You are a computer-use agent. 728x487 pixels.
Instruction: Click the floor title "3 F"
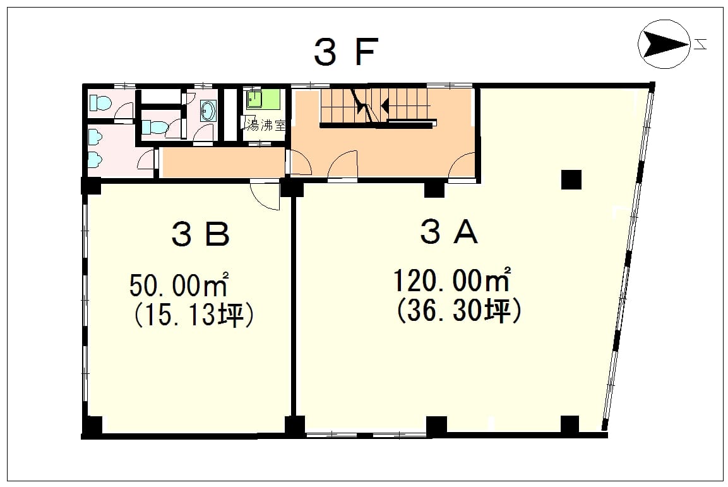346,51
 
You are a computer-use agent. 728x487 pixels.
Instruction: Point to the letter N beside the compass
700,45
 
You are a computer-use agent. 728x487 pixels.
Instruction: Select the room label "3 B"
201,234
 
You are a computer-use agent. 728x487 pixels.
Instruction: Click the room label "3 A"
449,231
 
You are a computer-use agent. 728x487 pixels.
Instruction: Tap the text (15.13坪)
194,315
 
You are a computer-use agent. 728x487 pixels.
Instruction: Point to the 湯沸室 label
265,125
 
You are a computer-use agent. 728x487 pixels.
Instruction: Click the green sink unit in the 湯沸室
263,99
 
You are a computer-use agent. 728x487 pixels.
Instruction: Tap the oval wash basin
208,111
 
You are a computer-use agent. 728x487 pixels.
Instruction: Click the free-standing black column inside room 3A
571,179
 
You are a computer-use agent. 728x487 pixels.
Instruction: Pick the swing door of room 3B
265,195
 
